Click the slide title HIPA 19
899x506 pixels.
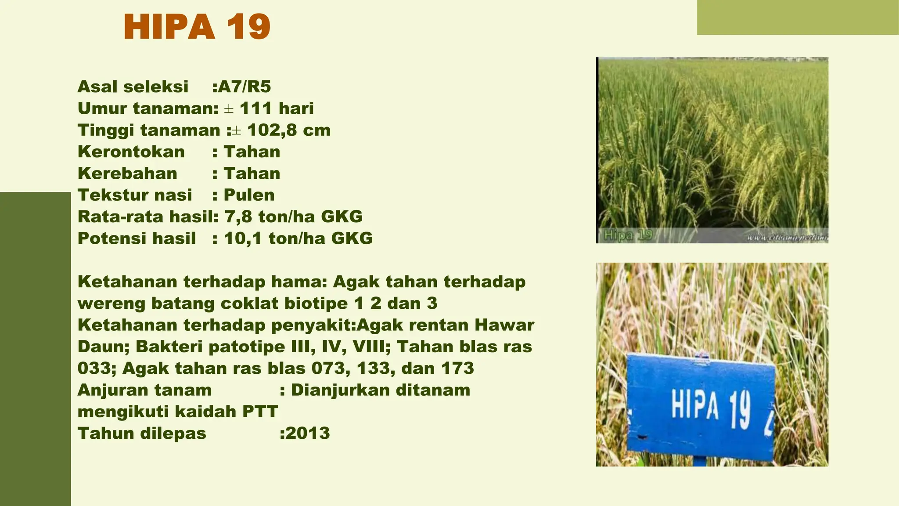click(197, 27)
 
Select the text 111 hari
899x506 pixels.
click(277, 108)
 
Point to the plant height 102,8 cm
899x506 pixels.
click(288, 130)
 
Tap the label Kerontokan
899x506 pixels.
click(131, 152)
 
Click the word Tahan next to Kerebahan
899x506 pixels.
click(252, 173)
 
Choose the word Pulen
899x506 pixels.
click(249, 195)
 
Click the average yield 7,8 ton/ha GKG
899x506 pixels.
click(293, 217)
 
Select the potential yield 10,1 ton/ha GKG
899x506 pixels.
click(298, 239)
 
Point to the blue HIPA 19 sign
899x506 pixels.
click(701, 406)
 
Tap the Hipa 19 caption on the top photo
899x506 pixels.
click(628, 235)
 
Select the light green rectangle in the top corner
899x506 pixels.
click(798, 17)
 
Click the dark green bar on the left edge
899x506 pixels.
click(35, 349)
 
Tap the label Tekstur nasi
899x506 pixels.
click(135, 195)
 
